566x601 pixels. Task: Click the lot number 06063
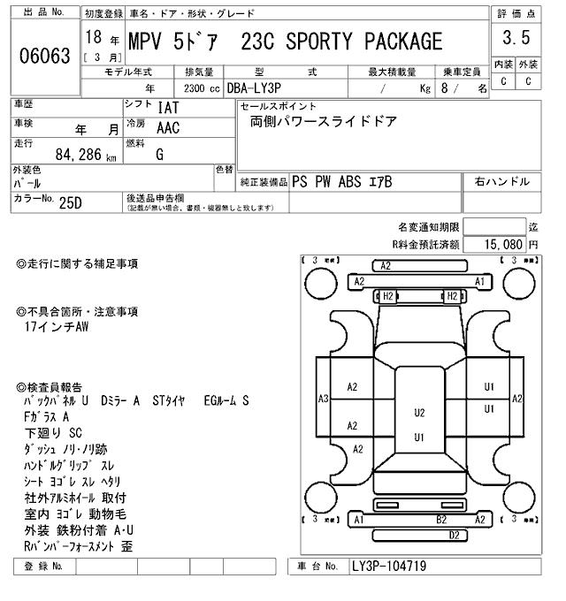(44, 57)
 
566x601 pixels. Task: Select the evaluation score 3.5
(516, 38)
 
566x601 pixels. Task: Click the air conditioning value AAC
(169, 127)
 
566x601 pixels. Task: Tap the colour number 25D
(70, 202)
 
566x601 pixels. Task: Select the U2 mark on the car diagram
(419, 412)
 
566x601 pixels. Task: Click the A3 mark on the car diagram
(324, 398)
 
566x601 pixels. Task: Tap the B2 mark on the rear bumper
(440, 520)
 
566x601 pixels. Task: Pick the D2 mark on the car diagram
(454, 535)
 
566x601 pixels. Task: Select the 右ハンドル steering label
(502, 181)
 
